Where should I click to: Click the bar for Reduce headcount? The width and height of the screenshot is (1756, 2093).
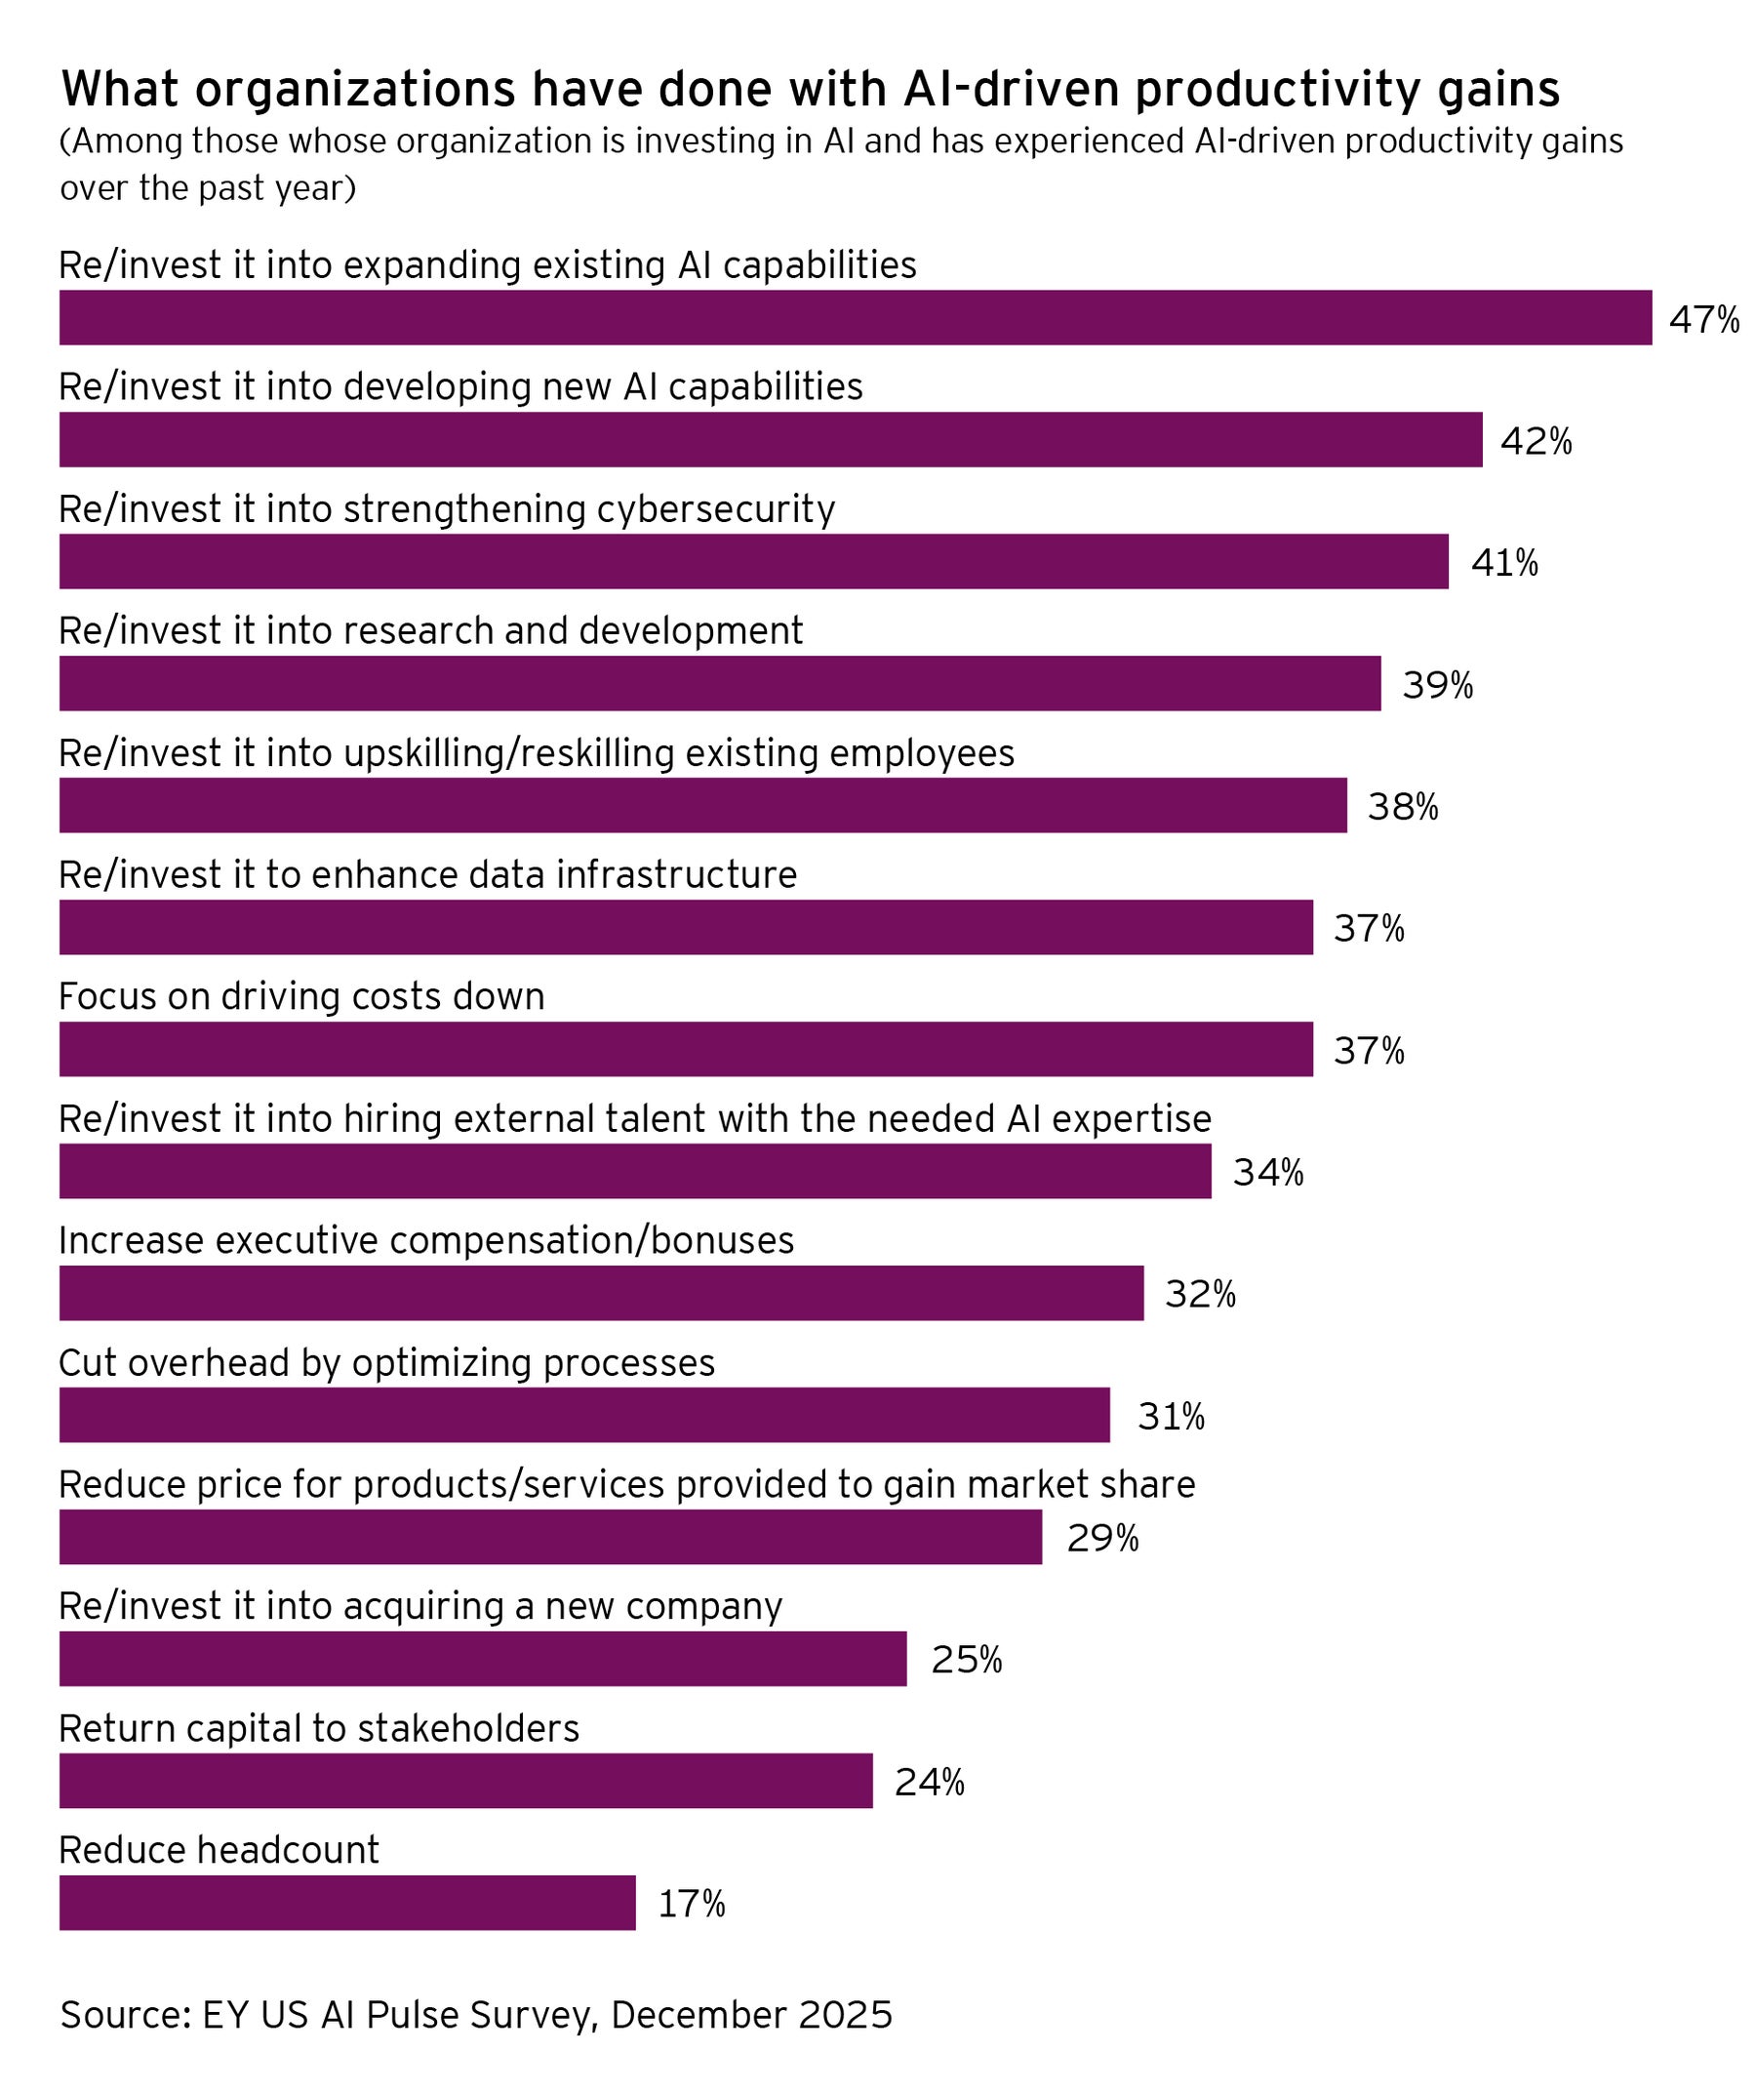pos(347,1903)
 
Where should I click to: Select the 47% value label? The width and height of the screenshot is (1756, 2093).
pos(1704,320)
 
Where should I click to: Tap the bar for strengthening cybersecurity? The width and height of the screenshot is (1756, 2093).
pos(753,561)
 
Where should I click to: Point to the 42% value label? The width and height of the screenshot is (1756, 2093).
pos(1536,441)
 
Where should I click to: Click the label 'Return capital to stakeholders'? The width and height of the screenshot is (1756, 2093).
pos(319,1727)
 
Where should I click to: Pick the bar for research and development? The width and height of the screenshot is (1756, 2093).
pos(720,683)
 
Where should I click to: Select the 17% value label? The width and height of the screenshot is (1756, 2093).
pos(692,1904)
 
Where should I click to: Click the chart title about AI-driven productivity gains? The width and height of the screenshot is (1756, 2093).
pos(811,89)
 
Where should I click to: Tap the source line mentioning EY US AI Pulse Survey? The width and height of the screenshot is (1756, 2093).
pos(476,2014)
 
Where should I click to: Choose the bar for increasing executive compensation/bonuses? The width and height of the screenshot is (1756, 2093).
pos(601,1293)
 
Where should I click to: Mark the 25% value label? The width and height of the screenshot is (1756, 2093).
pos(967,1660)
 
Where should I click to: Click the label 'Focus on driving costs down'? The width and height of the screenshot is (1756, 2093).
pos(302,995)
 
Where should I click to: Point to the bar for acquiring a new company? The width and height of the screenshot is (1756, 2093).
pos(482,1659)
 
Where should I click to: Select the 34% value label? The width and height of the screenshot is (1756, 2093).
pos(1267,1173)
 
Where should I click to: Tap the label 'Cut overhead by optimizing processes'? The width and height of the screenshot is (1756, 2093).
pos(386,1362)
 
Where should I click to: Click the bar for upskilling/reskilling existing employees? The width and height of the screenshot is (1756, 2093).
pos(702,805)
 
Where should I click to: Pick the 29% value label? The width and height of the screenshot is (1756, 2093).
pos(1102,1538)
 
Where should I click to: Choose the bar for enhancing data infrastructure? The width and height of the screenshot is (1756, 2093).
pos(686,927)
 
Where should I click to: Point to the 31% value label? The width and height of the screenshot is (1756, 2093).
pos(1171,1416)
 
